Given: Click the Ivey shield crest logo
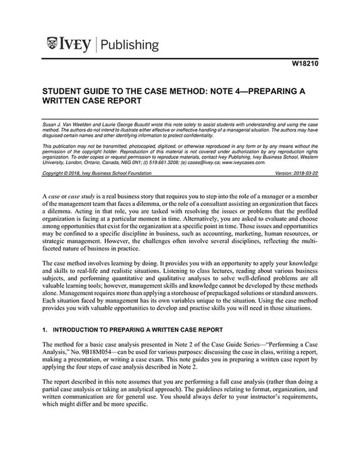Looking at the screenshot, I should click(x=53, y=45).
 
